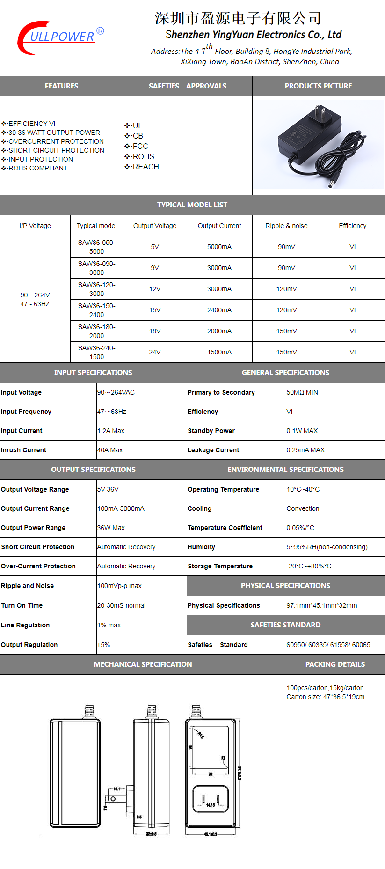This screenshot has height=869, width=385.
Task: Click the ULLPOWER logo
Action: pos(60,37)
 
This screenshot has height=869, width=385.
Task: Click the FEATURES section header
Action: pos(61,86)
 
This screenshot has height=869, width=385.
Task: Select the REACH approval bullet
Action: pos(145,167)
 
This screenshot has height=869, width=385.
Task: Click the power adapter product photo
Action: pos(318,145)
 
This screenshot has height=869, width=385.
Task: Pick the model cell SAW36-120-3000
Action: pos(97,289)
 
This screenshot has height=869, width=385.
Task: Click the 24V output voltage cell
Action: pos(155,352)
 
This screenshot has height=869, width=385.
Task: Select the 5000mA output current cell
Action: pos(219,247)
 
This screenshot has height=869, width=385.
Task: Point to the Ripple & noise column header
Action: pos(286,226)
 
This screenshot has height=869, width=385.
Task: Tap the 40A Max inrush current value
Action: pos(110,450)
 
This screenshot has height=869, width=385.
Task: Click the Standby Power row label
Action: pos(211,431)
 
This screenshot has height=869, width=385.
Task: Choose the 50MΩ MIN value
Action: pos(302,392)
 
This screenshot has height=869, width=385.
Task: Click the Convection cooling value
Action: pos(303,508)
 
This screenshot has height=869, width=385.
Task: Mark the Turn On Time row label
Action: pos(22,605)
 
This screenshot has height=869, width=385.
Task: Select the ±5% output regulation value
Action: pos(103,645)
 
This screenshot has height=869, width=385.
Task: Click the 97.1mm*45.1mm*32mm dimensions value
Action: pos(322,605)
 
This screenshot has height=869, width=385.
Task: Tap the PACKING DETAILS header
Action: pos(335,664)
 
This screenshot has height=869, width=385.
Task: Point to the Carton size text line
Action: pos(326,697)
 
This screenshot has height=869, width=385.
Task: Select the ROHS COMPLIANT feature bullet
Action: pos(37,168)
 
